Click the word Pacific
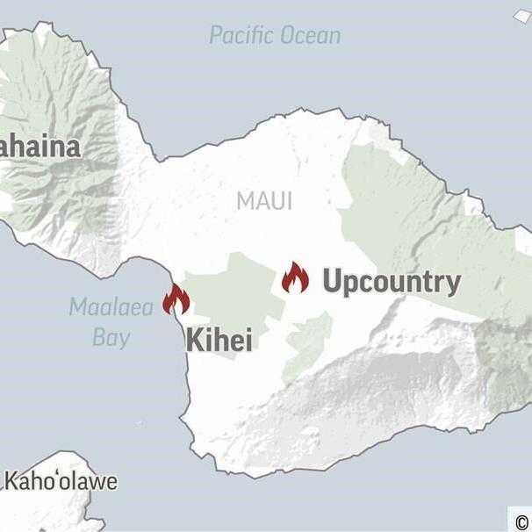[239, 36]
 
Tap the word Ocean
[306, 36]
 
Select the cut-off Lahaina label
[40, 147]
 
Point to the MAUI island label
[264, 201]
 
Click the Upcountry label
[391, 282]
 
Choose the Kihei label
[219, 341]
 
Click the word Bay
[111, 338]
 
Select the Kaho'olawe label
[61, 482]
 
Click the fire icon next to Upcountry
[295, 277]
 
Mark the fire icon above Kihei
[176, 299]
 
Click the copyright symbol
[521, 518]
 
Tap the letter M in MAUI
[244, 201]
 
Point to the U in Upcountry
[332, 281]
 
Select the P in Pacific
[216, 36]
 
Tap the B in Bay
[98, 337]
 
